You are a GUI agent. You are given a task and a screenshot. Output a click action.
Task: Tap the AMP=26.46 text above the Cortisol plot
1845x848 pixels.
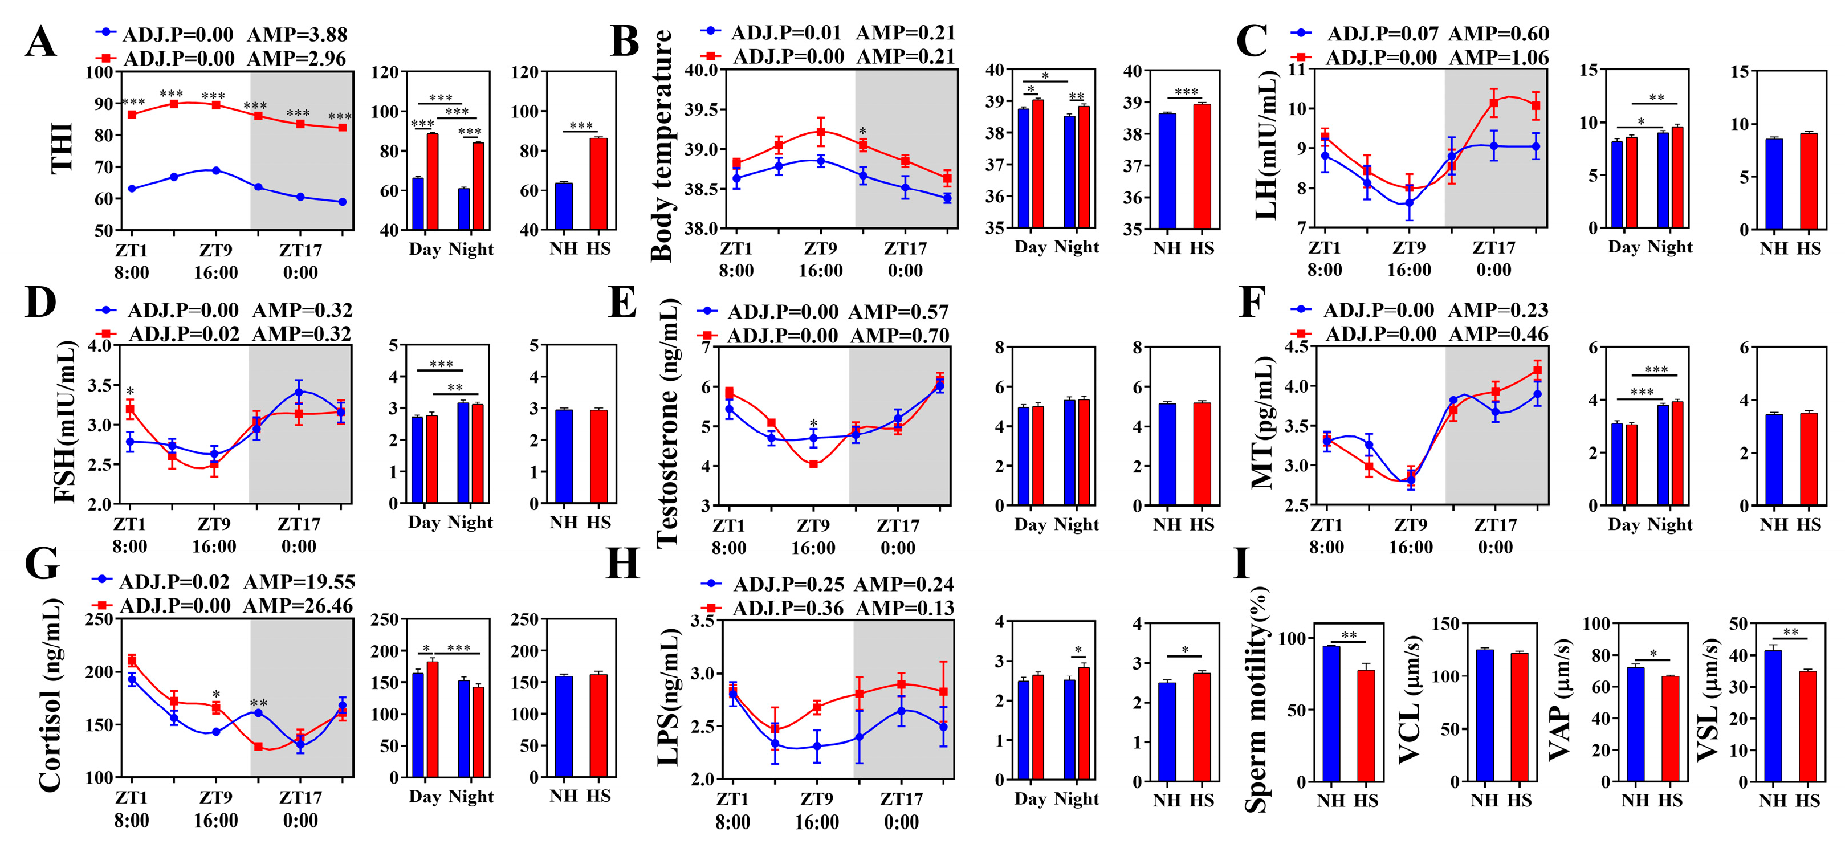[298, 606]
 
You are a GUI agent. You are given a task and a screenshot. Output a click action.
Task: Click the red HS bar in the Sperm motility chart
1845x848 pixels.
[1366, 725]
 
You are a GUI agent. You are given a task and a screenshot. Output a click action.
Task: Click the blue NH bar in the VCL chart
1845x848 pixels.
[1485, 715]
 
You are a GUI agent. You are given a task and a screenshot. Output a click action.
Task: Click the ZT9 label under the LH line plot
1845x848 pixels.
[1409, 248]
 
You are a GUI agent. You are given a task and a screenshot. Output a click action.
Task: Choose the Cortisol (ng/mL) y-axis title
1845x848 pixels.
[50, 695]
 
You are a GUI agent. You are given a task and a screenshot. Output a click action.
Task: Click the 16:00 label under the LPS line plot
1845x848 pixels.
[817, 822]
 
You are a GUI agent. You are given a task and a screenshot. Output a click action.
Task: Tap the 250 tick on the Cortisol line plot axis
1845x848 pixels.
[100, 619]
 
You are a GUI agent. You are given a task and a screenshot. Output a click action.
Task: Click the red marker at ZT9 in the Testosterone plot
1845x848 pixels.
[813, 464]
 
